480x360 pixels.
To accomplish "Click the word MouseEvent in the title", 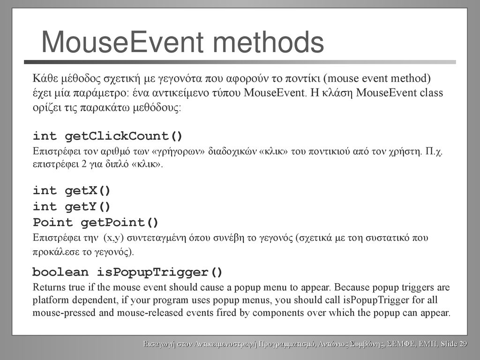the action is pos(122,42).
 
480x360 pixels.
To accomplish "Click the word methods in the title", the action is pos(268,42).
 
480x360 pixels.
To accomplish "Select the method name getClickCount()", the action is pos(124,136).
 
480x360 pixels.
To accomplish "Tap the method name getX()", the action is pos(88,191).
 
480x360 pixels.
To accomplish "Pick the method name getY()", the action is pos(88,207).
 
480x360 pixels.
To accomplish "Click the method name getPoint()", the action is pos(120,223).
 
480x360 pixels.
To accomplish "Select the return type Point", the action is pos(52,222).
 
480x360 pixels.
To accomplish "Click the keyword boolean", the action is pos(60,272).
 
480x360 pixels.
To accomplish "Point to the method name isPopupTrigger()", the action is pos(160,272).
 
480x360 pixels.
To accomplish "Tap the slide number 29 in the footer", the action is pos(463,344).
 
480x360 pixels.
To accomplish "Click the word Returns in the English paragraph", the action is pos(49,287).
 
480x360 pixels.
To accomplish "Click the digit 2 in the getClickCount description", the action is pos(84,165).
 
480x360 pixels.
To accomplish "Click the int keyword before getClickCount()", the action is pos(45,136).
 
